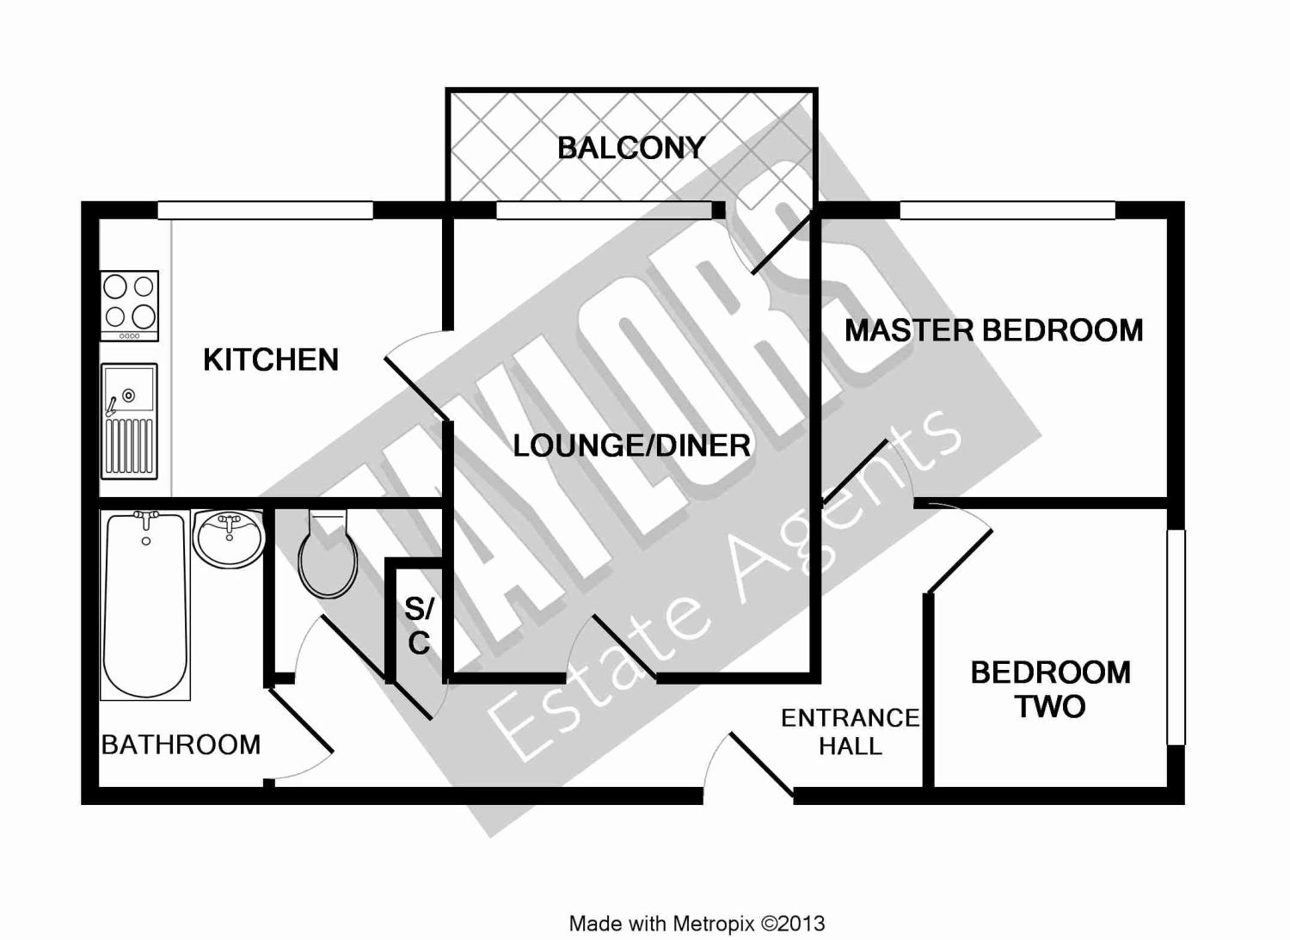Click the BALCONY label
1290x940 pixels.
pyautogui.click(x=631, y=148)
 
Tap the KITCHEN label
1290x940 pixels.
pyautogui.click(x=271, y=359)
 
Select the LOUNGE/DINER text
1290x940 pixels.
pyautogui.click(x=631, y=445)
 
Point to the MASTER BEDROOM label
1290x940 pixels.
pyautogui.click(x=993, y=330)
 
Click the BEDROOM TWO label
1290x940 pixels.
pyautogui.click(x=1050, y=689)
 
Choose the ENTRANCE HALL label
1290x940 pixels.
pyautogui.click(x=850, y=731)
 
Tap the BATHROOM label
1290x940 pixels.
pyautogui.click(x=181, y=744)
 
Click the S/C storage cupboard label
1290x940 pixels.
pyautogui.click(x=419, y=626)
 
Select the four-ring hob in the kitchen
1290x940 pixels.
pyautogui.click(x=129, y=305)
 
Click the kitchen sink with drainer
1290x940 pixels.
pyautogui.click(x=129, y=421)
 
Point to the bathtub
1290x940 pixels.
pyautogui.click(x=144, y=602)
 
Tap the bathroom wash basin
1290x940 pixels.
pyautogui.click(x=228, y=538)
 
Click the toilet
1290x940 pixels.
pyautogui.click(x=328, y=555)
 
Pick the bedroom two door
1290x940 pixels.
pyautogui.click(x=959, y=559)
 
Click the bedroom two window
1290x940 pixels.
pyautogui.click(x=1176, y=636)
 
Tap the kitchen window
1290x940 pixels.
pyautogui.click(x=265, y=210)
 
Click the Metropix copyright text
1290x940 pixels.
pyautogui.click(x=697, y=924)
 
